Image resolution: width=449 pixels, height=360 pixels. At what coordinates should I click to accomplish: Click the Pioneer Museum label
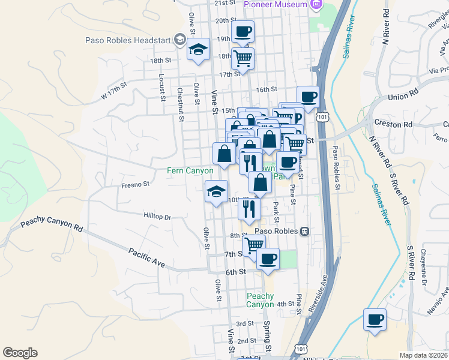276,4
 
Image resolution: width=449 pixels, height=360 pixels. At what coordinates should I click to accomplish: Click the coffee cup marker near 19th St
243,32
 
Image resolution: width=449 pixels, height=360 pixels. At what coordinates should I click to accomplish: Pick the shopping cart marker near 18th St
243,58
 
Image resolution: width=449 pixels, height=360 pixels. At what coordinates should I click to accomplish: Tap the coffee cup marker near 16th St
308,97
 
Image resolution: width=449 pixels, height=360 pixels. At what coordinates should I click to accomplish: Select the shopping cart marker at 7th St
254,244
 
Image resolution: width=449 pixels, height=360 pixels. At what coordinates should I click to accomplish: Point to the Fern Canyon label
190,171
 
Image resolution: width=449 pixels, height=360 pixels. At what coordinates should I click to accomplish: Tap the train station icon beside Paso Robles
305,231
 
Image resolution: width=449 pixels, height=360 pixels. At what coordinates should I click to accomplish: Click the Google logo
20,353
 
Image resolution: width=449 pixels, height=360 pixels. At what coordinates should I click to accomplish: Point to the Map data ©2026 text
424,355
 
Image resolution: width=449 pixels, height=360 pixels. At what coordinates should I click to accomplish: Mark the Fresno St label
135,185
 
